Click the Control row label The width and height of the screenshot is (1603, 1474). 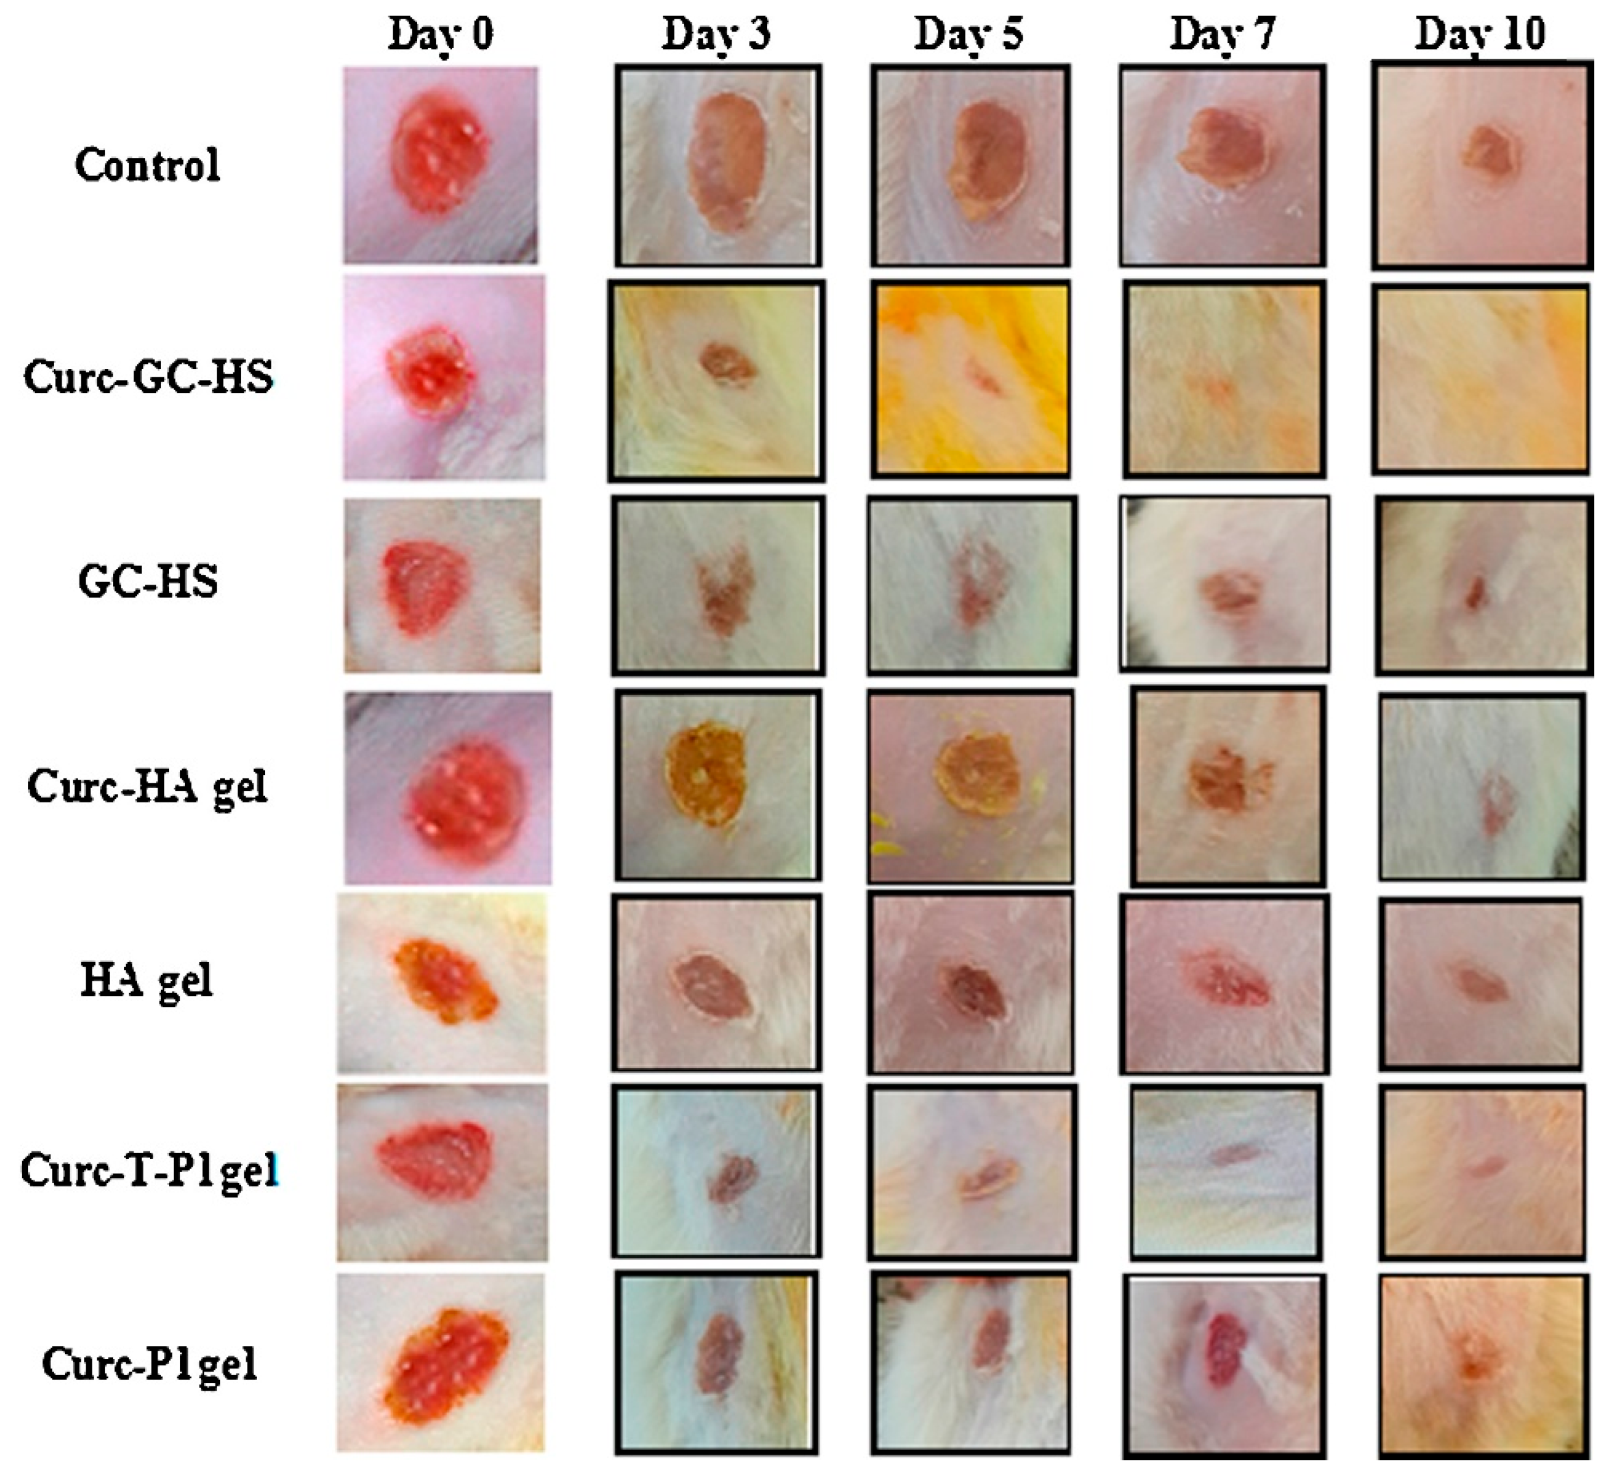(148, 165)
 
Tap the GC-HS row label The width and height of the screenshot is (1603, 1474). (148, 581)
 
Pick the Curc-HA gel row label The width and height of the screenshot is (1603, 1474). (148, 786)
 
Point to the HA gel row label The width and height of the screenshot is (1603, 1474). (148, 980)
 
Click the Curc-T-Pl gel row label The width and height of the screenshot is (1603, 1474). (150, 1172)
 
